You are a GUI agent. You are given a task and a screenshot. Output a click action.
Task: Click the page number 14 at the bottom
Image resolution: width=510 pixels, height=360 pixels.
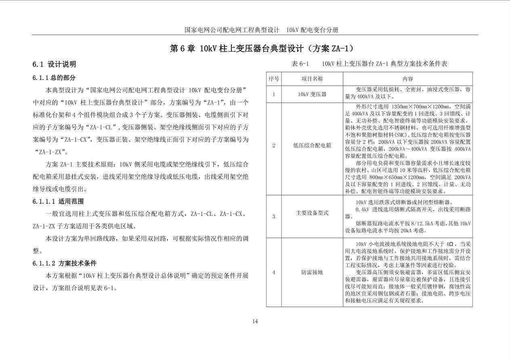(255, 321)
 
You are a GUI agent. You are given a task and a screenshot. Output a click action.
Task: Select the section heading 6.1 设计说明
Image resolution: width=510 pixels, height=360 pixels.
(54, 64)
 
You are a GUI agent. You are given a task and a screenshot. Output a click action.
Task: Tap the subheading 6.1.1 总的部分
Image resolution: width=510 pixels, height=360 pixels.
(54, 77)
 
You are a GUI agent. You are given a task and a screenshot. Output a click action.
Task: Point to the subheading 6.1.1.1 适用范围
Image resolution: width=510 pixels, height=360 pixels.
(58, 201)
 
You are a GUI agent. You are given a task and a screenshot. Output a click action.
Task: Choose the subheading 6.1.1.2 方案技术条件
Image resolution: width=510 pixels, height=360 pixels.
(65, 264)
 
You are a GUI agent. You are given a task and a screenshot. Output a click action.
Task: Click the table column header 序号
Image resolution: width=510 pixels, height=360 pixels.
(273, 79)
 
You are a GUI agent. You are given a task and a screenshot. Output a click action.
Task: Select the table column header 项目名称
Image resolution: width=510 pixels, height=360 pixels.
(312, 79)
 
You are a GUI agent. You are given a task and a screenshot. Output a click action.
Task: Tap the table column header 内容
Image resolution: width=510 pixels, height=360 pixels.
(407, 79)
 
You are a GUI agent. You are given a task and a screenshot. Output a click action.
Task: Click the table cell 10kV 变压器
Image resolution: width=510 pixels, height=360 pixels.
(312, 94)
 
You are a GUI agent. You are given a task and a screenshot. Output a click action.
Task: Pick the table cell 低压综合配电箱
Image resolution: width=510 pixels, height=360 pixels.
(312, 145)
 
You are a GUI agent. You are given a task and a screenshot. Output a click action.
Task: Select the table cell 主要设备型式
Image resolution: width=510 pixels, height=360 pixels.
(312, 213)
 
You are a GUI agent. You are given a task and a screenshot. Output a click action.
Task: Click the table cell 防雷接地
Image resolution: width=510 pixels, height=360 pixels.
(312, 272)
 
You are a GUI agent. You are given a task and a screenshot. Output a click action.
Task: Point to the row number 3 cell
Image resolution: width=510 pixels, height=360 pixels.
(273, 216)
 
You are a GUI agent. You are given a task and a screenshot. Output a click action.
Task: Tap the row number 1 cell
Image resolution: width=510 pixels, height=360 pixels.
(273, 94)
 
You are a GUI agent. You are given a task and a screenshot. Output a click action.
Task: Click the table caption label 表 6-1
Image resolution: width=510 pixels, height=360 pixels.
(300, 64)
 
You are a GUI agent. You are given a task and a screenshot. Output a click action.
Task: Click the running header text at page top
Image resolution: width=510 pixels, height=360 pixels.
(261, 30)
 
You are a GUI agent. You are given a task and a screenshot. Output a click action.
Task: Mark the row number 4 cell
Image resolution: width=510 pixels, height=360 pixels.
(273, 272)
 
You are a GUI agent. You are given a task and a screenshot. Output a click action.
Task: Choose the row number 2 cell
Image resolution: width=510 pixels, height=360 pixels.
(273, 145)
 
